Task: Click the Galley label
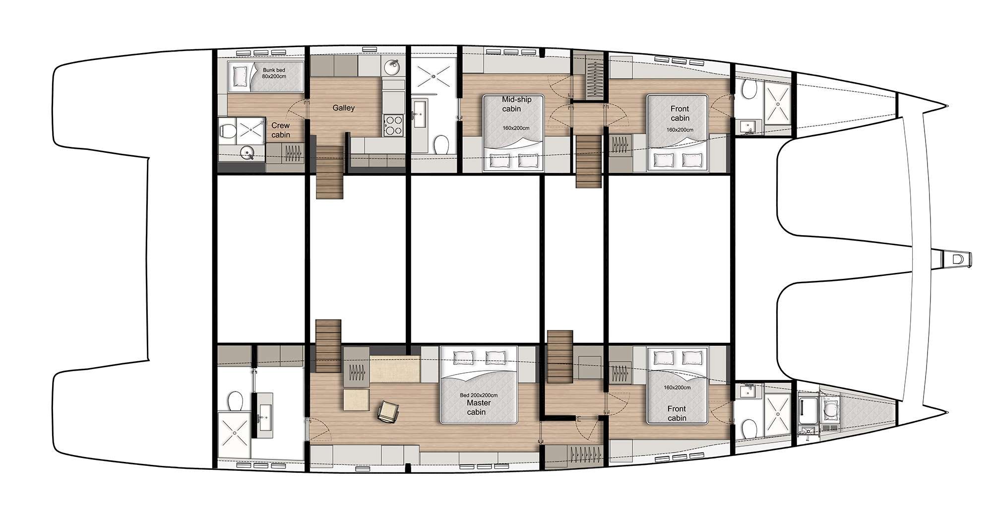click(x=343, y=108)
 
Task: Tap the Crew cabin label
click(x=280, y=130)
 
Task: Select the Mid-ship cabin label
click(x=516, y=104)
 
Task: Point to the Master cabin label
click(x=476, y=407)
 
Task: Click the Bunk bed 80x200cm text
click(x=274, y=73)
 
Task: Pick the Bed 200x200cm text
click(x=479, y=395)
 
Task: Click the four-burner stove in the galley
click(x=393, y=125)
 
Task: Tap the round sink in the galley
click(x=394, y=66)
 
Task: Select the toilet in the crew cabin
click(x=228, y=131)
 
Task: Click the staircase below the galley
click(x=330, y=173)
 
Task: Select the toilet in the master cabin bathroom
click(x=235, y=401)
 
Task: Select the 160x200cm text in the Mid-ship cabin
click(x=516, y=128)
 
